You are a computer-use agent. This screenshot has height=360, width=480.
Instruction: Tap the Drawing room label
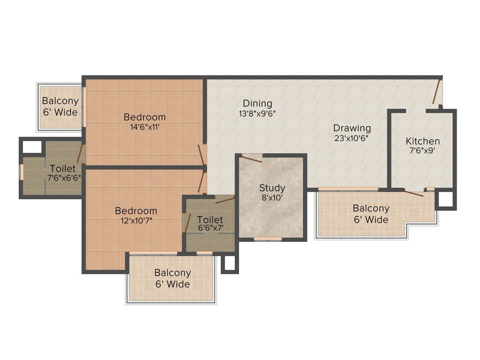pos(352,128)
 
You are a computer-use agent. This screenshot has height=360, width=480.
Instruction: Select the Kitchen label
pos(423,141)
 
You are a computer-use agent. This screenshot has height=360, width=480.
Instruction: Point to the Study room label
pos(272,188)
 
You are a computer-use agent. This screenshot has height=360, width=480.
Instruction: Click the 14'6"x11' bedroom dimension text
pos(145,127)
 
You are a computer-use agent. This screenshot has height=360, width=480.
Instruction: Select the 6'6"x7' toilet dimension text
pos(210,228)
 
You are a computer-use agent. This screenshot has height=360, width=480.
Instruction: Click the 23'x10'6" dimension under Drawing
pos(352,138)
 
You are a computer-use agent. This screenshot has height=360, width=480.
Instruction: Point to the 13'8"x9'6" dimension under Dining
pos(257,113)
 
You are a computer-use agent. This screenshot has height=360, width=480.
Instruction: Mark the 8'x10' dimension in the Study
pos(272,198)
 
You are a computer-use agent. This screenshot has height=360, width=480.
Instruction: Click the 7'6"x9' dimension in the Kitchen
pos(423,151)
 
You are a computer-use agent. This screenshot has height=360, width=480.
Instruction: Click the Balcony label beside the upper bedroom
pos(60,101)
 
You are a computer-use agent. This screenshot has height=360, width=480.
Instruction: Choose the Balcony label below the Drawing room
pos(371,208)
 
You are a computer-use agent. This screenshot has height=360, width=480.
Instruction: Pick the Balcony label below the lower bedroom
pos(172,273)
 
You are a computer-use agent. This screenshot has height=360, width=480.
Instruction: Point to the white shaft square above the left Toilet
pos(32,146)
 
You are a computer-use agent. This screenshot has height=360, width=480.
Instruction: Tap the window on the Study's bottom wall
pos(268,239)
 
